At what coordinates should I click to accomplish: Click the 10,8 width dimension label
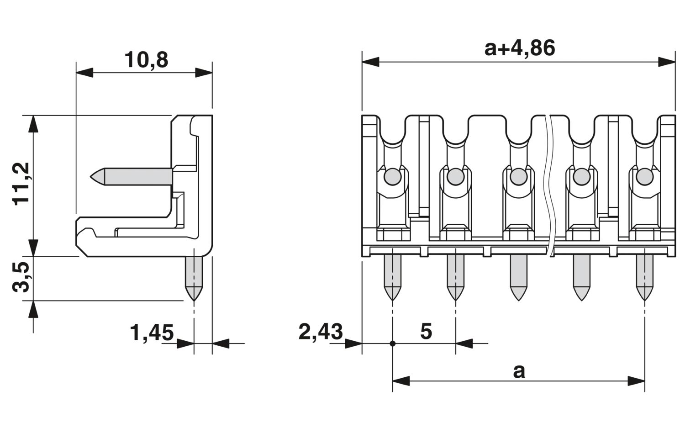coord(146,60)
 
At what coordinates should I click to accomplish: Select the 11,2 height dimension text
coord(21,183)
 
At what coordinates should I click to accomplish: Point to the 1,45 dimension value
coord(152,333)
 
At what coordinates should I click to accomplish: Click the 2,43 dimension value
coord(320,332)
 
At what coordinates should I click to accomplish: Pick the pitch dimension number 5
coord(426,332)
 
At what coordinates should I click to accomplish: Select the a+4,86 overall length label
coord(519,48)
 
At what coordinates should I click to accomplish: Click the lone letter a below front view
coord(519,371)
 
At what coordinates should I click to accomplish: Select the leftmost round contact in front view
coord(391,176)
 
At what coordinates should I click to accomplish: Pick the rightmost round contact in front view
coord(644,176)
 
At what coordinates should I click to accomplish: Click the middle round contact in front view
coord(518,176)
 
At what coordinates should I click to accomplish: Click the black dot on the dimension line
coord(392,343)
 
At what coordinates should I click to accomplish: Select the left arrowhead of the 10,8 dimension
coord(84,72)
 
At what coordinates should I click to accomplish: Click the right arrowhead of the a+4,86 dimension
coord(667,62)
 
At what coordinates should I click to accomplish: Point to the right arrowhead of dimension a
coord(636,380)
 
